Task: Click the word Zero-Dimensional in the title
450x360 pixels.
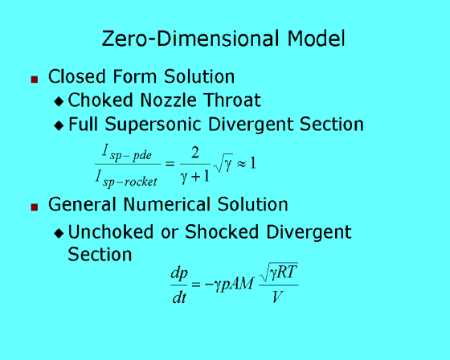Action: click(x=190, y=39)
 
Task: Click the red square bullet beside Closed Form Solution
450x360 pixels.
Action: click(x=35, y=80)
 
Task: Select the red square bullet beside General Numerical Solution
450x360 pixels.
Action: click(x=35, y=207)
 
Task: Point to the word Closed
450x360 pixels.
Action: click(x=77, y=76)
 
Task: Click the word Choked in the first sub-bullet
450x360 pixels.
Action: click(x=100, y=100)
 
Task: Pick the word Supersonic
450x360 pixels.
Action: click(x=153, y=125)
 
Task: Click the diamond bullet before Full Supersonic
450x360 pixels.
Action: click(x=59, y=125)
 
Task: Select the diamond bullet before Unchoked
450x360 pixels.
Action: click(x=59, y=233)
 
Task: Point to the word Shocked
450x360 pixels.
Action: click(x=222, y=232)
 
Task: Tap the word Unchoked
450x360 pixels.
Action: click(x=111, y=232)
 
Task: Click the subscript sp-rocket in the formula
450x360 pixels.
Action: click(x=130, y=182)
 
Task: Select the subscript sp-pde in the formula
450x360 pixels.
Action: click(x=130, y=156)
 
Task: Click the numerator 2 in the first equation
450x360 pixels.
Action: click(x=195, y=153)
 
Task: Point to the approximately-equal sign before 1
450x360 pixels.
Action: click(x=241, y=164)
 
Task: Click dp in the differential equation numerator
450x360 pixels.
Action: click(x=179, y=273)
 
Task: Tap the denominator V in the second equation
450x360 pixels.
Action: click(x=277, y=297)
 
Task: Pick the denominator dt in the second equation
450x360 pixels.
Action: click(x=179, y=297)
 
